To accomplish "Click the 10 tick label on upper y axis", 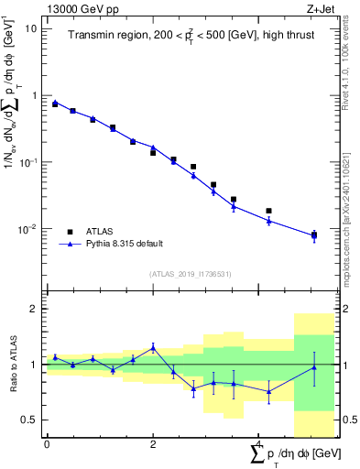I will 30,28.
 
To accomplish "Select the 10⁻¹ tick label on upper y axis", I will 27,162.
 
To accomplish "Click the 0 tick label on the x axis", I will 47,444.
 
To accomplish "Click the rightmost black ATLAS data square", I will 314,234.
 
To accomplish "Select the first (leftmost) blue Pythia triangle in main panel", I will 55,103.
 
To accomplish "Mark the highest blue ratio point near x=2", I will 153,347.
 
